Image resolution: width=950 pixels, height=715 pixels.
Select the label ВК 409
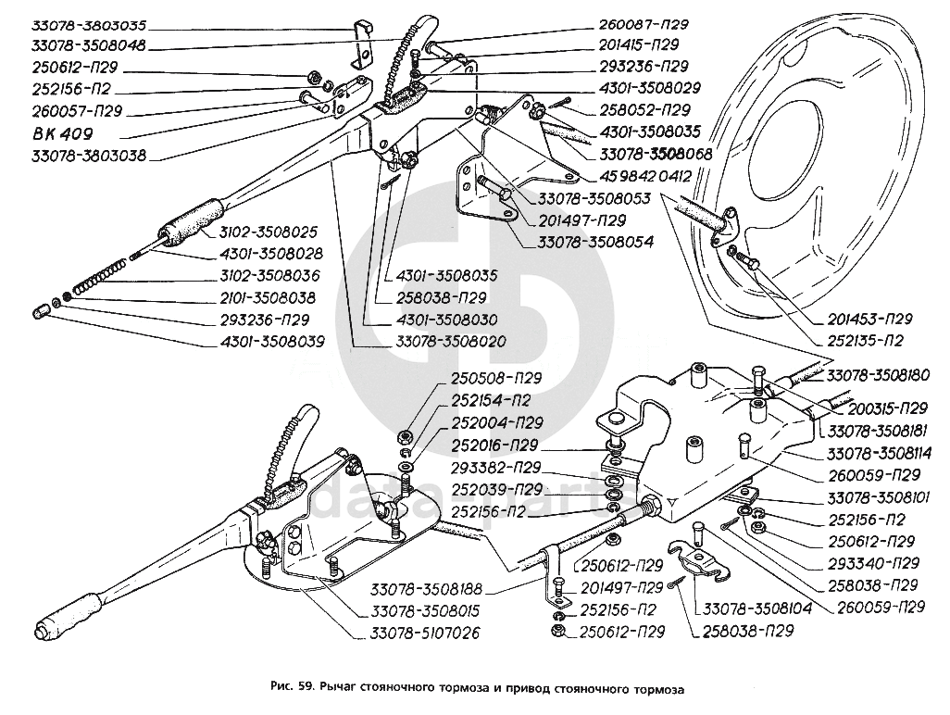(x=55, y=132)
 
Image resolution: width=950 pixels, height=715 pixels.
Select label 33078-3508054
(x=594, y=242)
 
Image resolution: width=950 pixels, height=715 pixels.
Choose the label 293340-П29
(x=869, y=563)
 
